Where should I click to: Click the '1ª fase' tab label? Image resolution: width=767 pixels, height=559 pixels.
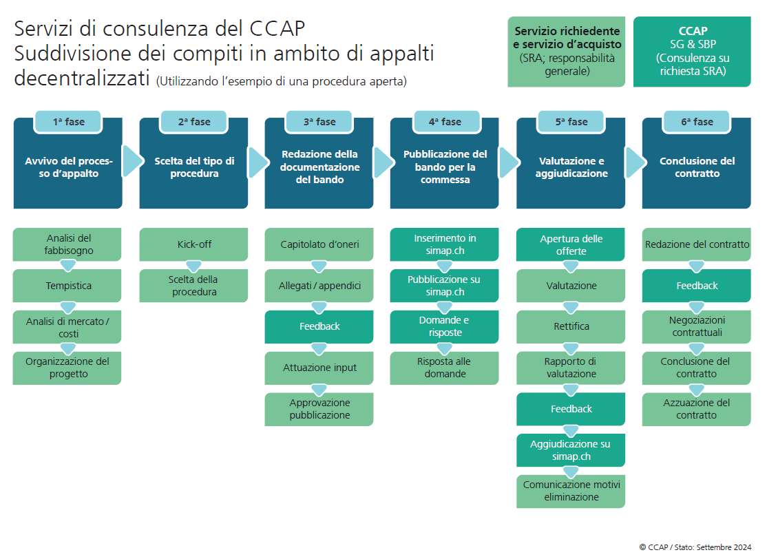(x=68, y=122)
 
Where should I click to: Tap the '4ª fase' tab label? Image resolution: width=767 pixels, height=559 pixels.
(x=445, y=122)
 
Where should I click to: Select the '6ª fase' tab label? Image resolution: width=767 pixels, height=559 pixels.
(x=697, y=122)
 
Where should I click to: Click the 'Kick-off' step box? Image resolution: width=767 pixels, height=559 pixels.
(x=193, y=245)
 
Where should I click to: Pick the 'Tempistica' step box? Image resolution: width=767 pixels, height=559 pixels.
(x=68, y=286)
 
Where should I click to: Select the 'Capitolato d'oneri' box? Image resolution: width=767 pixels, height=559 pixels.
(x=319, y=245)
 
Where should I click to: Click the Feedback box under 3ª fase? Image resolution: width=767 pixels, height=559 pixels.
(x=319, y=326)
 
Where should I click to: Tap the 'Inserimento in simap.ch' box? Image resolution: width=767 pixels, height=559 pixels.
(x=445, y=245)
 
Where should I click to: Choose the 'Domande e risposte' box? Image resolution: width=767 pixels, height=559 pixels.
(x=445, y=326)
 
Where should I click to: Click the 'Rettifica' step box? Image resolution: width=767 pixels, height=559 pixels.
(x=571, y=326)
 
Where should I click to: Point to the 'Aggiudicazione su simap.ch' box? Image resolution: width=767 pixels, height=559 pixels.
(x=571, y=450)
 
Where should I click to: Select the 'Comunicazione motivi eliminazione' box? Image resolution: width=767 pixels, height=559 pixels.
(x=571, y=491)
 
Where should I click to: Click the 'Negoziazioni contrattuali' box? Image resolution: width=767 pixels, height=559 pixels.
(x=697, y=326)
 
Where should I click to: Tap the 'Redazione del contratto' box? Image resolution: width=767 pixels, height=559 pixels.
(x=697, y=245)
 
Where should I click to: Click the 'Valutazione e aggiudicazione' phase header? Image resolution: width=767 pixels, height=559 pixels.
(x=571, y=167)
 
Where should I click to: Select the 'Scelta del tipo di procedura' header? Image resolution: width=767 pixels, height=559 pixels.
(x=193, y=167)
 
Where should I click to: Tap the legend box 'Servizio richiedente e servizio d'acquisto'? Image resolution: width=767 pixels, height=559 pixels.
(x=567, y=52)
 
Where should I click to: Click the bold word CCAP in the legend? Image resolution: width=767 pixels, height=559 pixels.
(x=692, y=32)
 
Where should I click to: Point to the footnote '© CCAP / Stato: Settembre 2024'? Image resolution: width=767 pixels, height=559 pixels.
(x=695, y=547)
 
